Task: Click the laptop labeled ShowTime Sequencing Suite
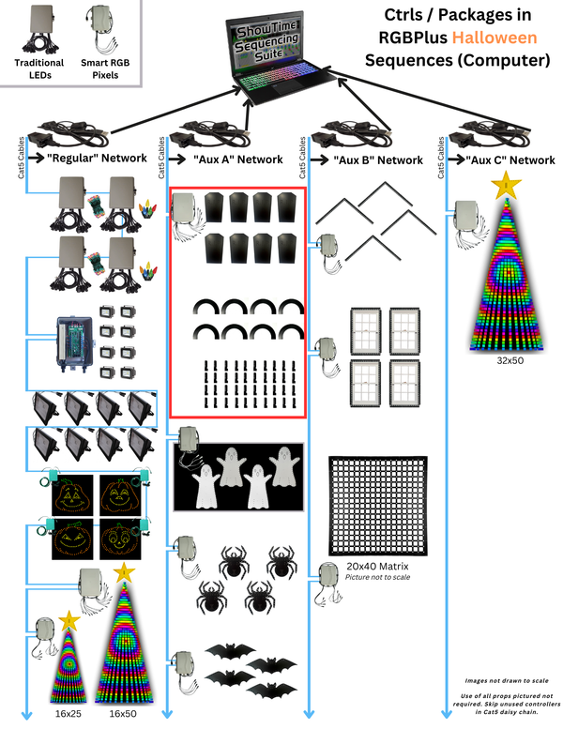278,58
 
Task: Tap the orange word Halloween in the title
495,38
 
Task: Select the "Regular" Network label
97,158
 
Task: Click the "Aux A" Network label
238,159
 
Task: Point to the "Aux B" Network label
378,160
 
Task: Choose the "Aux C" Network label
510,160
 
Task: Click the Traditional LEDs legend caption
39,68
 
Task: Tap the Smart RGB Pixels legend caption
105,68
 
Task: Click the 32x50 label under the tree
510,360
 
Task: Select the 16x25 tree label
68,713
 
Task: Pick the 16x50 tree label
123,713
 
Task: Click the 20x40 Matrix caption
377,567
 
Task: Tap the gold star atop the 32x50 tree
506,185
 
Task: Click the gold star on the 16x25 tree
69,621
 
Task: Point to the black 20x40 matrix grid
377,506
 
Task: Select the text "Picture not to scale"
377,577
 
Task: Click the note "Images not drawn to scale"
507,680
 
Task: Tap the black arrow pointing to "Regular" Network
37,158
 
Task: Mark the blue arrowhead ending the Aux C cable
447,713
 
